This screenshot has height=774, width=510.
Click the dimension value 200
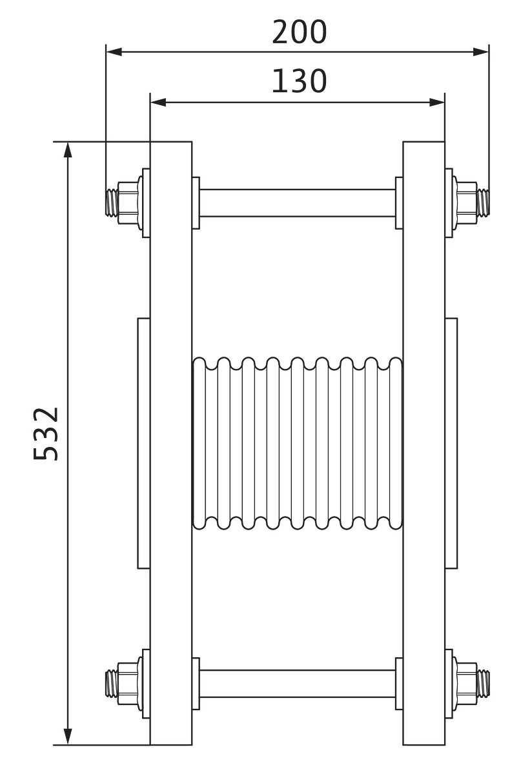click(x=299, y=32)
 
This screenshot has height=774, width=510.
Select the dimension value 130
click(x=299, y=81)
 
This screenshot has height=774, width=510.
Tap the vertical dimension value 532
click(x=45, y=433)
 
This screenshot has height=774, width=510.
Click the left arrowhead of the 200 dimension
click(x=114, y=52)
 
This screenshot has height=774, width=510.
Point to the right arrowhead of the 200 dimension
click(x=481, y=52)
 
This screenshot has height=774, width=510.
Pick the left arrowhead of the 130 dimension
click(x=158, y=103)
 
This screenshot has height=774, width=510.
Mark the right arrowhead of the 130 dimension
click(x=436, y=103)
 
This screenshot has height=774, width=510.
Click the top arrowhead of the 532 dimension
click(x=68, y=150)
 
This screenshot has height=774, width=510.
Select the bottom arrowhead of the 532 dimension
click(x=68, y=737)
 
